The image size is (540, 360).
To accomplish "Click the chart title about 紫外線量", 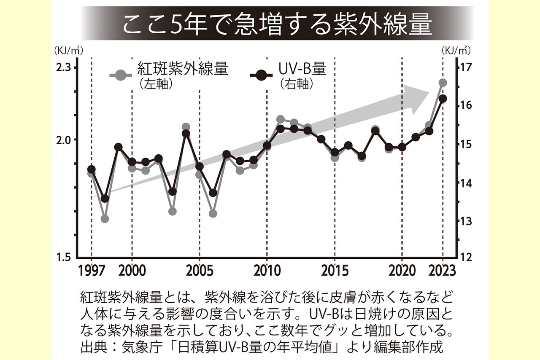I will [x=277, y=24].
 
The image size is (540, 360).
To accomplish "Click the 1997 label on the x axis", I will [x=92, y=270].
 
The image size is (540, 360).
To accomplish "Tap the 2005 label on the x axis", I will [x=199, y=270].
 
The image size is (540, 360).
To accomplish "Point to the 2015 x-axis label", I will [x=335, y=270].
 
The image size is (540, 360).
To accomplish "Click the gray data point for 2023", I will [x=443, y=83].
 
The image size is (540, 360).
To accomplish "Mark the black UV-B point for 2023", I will [x=443, y=99].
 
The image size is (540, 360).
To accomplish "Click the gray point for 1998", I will [x=105, y=219].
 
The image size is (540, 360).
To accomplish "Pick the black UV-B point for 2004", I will [x=186, y=134].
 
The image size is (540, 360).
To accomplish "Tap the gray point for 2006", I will [x=213, y=213].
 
